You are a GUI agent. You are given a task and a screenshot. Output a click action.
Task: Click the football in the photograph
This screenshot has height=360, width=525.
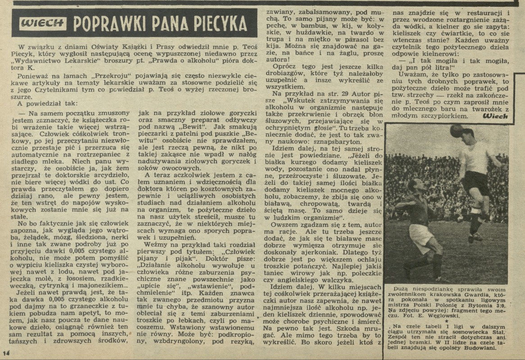click(x=457, y=131)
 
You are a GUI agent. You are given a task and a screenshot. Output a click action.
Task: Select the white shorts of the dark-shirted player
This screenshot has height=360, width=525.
click(x=421, y=236)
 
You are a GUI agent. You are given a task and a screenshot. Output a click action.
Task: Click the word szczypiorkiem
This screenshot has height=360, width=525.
click(x=443, y=115)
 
